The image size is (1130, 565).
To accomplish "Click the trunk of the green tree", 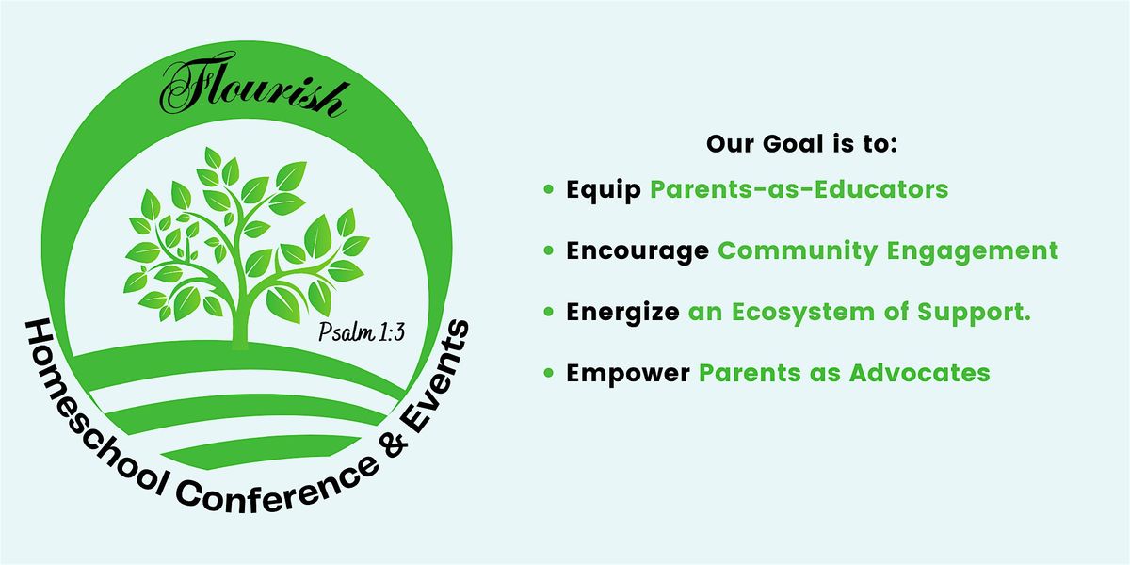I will click(x=239, y=315).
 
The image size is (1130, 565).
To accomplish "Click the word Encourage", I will click(x=638, y=251).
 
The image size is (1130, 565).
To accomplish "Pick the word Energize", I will click(x=622, y=312).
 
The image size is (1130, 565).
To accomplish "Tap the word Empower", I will click(x=627, y=373).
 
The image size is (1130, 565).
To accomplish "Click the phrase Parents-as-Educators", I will click(x=799, y=190).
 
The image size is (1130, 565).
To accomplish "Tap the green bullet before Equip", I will click(x=548, y=190).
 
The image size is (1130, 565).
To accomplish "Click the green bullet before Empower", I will click(x=548, y=373).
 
